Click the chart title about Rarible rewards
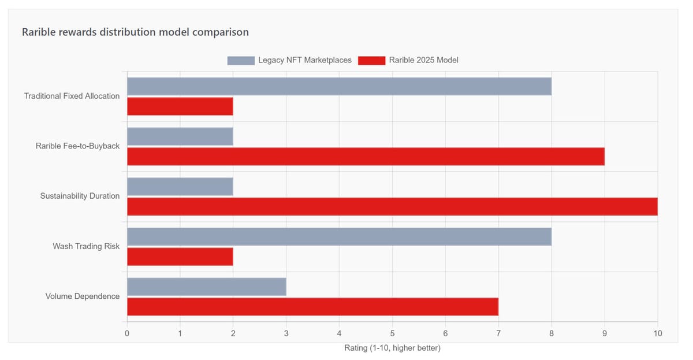click(135, 32)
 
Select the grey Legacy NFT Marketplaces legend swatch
click(241, 60)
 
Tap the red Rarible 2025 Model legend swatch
click(371, 60)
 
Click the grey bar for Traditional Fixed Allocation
click(339, 87)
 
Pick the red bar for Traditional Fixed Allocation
click(180, 106)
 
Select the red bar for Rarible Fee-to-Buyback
click(366, 157)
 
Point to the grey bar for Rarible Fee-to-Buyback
click(180, 136)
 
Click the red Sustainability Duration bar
click(392, 206)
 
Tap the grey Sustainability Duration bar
click(180, 187)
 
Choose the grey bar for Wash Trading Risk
click(339, 236)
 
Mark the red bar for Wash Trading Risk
click(180, 257)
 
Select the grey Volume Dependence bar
click(207, 287)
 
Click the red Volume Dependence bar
click(312, 306)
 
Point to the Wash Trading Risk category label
click(86, 246)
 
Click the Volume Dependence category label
click(83, 296)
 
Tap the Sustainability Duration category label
click(80, 196)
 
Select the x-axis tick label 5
click(392, 333)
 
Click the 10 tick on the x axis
click(657, 333)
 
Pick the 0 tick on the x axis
click(127, 333)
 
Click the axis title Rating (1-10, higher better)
click(392, 348)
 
